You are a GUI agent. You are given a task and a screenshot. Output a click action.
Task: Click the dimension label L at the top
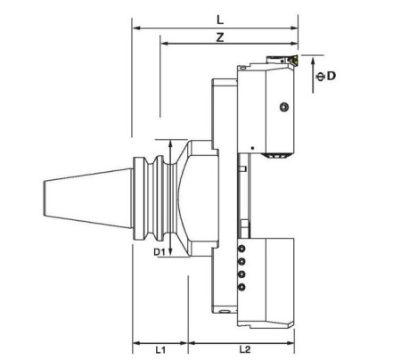pyautogui.click(x=218, y=19)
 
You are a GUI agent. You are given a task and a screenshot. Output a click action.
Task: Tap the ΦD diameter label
pyautogui.click(x=328, y=76)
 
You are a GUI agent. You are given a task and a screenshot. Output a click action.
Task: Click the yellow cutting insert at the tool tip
pyautogui.click(x=291, y=61)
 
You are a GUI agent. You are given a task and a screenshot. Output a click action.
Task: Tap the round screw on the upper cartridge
pyautogui.click(x=283, y=107)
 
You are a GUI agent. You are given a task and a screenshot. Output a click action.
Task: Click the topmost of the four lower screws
pyautogui.click(x=241, y=250)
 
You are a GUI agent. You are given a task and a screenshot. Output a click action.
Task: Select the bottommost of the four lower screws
pyautogui.click(x=241, y=287)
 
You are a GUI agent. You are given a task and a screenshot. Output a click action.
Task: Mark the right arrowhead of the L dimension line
pyautogui.click(x=297, y=28)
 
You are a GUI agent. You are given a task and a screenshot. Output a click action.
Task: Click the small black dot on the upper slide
pyautogui.click(x=253, y=146)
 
